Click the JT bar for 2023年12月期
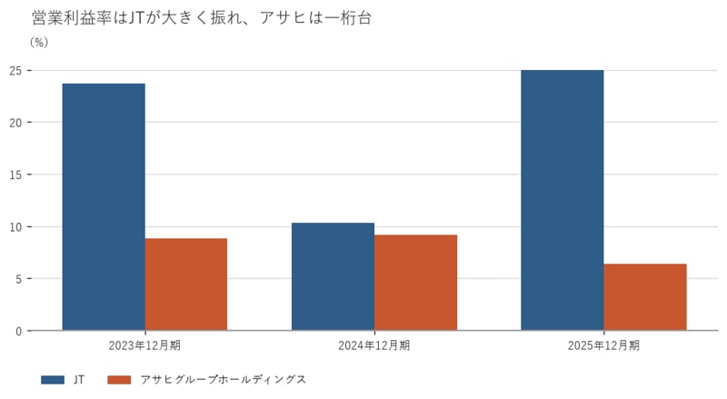coord(104,207)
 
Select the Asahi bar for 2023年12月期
coord(186,284)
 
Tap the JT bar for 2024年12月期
coord(333,276)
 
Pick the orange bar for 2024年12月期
coord(416,283)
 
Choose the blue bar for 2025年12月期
coord(563,201)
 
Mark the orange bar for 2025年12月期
coord(645,297)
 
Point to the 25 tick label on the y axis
coord(15,71)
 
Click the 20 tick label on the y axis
coord(15,123)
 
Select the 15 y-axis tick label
coord(15,175)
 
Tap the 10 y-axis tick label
coord(15,227)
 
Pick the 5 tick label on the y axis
coord(18,279)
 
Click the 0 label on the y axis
coord(18,331)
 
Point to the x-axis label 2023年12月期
coord(144,345)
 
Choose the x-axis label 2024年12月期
coord(374,345)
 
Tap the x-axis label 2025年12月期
coord(603,345)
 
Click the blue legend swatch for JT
coord(53,380)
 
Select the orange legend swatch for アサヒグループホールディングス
coord(119,380)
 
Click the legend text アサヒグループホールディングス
coord(223,380)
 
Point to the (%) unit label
coord(39,42)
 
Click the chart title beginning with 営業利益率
coord(202,17)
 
